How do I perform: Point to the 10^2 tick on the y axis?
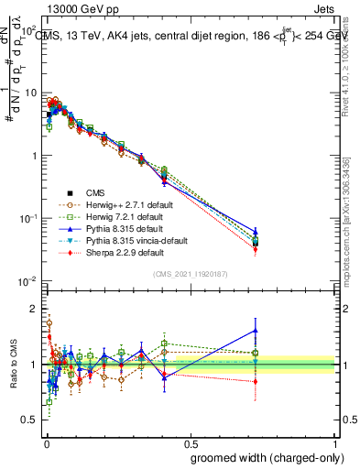[28, 30]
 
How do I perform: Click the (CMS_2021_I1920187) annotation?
[190, 274]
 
